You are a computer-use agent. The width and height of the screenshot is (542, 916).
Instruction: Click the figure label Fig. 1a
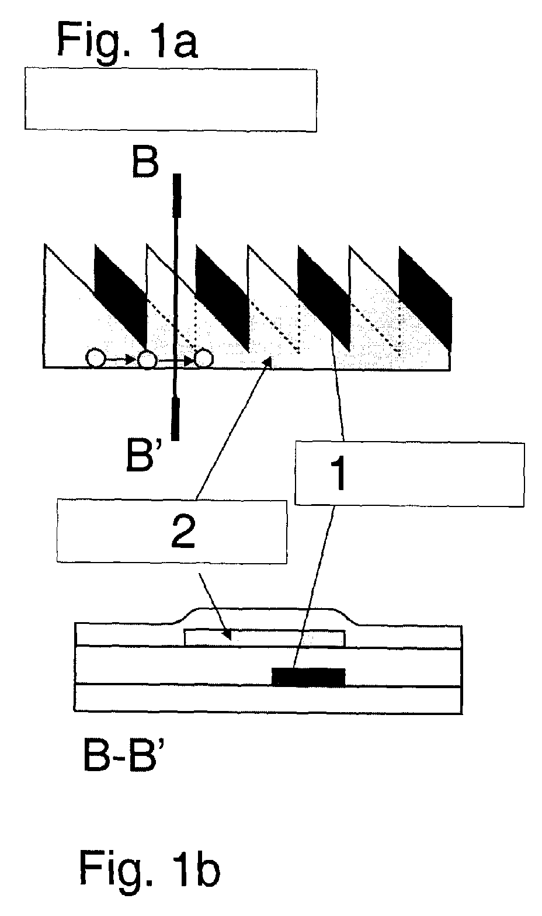[x=127, y=40]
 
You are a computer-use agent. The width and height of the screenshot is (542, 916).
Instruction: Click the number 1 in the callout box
[x=338, y=474]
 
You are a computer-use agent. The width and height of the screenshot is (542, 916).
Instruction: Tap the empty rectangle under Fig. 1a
[x=171, y=99]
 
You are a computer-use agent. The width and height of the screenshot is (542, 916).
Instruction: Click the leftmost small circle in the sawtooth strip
[x=95, y=359]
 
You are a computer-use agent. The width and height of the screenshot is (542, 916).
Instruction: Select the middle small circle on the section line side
[x=147, y=359]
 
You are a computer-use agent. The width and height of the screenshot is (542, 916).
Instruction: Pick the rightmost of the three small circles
[x=204, y=359]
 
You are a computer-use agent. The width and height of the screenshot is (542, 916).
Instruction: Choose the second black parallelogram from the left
[x=222, y=297]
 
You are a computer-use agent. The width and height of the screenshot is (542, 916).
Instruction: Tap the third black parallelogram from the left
[x=324, y=298]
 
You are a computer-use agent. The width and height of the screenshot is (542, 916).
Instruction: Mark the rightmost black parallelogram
[x=426, y=299]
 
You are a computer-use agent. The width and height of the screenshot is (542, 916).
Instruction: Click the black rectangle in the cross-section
[x=308, y=676]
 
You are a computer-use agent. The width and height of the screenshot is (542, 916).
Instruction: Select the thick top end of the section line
[x=177, y=196]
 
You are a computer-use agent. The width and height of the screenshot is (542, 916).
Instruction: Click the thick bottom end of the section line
[x=175, y=419]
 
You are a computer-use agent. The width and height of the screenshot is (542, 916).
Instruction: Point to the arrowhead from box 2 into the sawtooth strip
[x=267, y=362]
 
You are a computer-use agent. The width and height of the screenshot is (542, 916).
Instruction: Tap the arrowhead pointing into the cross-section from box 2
[x=227, y=634]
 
